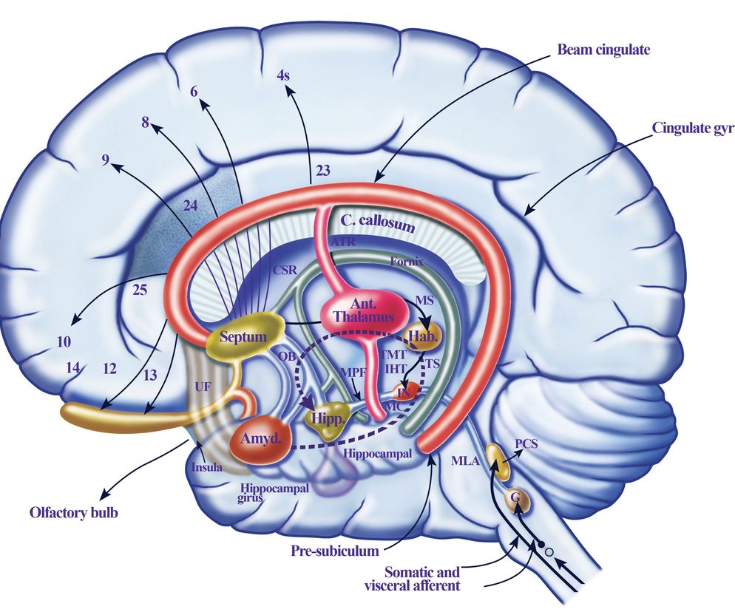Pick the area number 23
coord(322,169)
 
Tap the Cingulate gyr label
coord(693,126)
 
